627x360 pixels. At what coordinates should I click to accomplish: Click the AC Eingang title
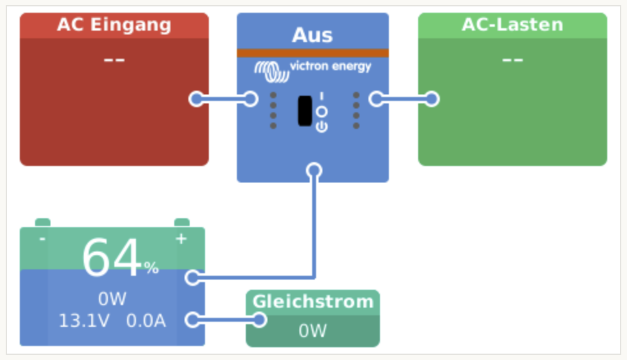pyautogui.click(x=114, y=25)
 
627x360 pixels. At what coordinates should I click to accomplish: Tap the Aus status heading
pyautogui.click(x=312, y=34)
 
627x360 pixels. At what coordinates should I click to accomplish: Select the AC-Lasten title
pyautogui.click(x=512, y=25)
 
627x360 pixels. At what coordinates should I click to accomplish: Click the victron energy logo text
pyautogui.click(x=330, y=66)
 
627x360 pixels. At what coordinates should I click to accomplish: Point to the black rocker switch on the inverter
pyautogui.click(x=305, y=110)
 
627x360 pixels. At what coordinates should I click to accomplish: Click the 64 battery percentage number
pyautogui.click(x=111, y=259)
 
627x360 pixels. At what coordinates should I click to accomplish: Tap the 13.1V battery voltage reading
pyautogui.click(x=84, y=320)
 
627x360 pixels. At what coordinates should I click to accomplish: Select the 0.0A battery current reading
pyautogui.click(x=146, y=320)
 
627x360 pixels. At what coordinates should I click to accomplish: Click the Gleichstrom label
pyautogui.click(x=312, y=301)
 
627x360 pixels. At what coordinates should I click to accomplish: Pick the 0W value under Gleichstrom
pyautogui.click(x=312, y=331)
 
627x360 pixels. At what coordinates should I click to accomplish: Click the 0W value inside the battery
pyautogui.click(x=112, y=299)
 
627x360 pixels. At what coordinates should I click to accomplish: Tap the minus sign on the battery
pyautogui.click(x=42, y=239)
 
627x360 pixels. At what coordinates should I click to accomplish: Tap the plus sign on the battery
pyautogui.click(x=181, y=239)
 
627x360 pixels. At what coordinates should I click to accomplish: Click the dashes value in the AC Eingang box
pyautogui.click(x=114, y=59)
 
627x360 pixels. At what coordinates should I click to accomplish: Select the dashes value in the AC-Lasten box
pyautogui.click(x=512, y=59)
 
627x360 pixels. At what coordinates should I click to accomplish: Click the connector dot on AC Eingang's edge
pyautogui.click(x=197, y=99)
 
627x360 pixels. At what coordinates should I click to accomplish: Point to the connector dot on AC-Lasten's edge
pyautogui.click(x=432, y=99)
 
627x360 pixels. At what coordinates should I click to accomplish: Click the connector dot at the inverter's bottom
pyautogui.click(x=313, y=170)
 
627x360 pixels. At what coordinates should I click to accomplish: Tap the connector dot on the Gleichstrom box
pyautogui.click(x=259, y=320)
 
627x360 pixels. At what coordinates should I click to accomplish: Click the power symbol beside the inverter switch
pyautogui.click(x=322, y=126)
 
